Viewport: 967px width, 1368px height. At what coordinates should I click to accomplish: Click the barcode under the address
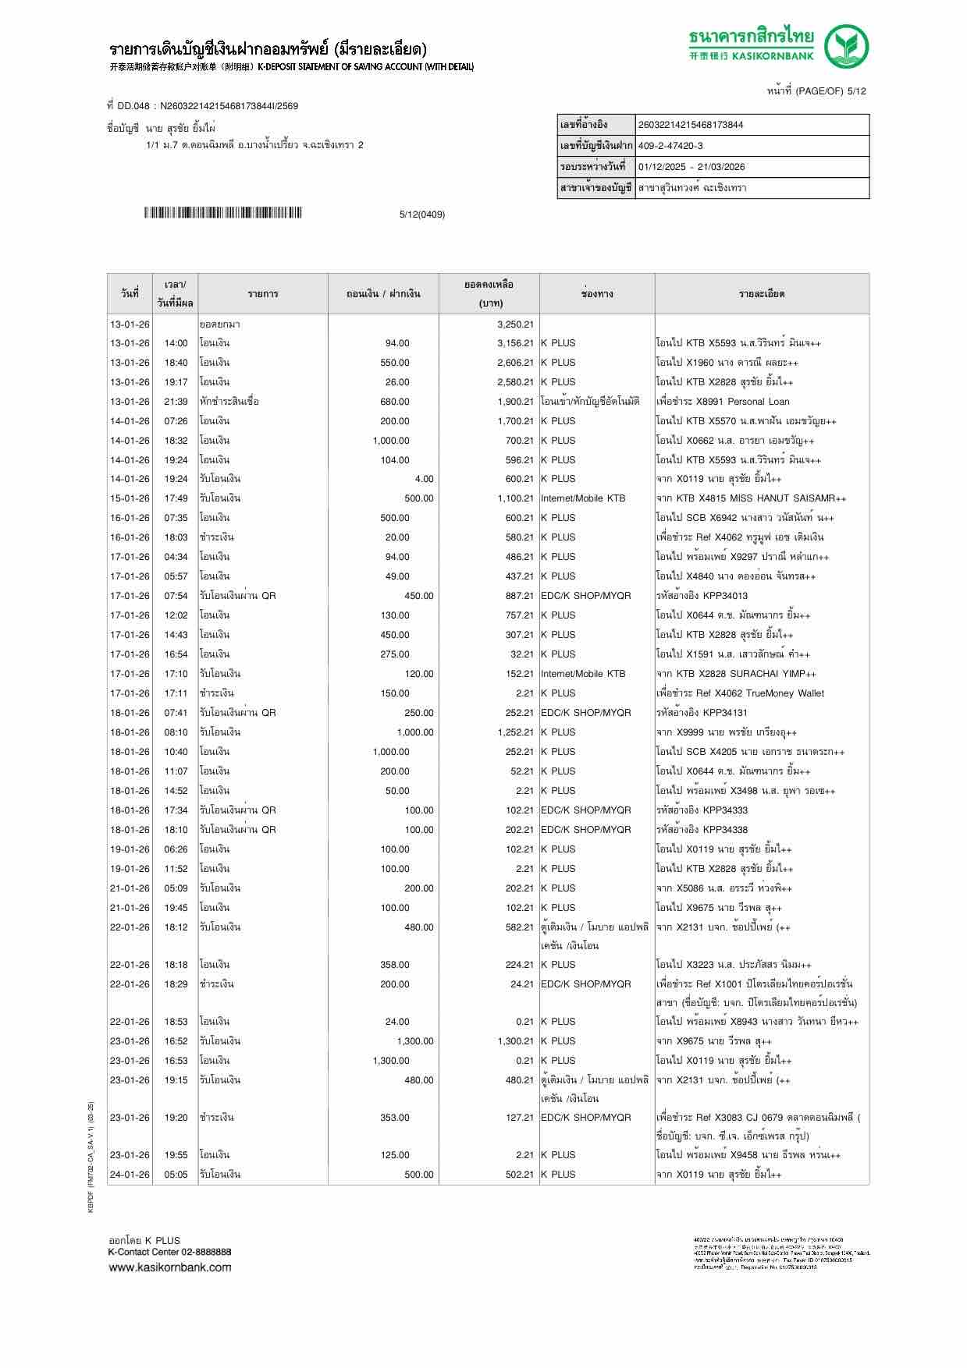click(x=222, y=213)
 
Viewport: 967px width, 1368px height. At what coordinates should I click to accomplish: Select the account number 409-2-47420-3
click(x=670, y=146)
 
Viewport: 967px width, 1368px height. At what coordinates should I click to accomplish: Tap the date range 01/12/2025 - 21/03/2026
click(x=691, y=167)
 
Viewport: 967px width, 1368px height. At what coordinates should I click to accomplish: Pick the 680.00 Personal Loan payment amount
click(x=394, y=402)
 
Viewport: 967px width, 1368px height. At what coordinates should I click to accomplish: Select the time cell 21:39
click(x=176, y=402)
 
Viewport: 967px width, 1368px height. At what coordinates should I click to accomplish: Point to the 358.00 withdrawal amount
click(x=394, y=965)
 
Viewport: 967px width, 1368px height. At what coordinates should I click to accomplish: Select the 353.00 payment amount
click(x=394, y=1118)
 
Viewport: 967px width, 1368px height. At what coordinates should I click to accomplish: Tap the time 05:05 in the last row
click(x=176, y=1175)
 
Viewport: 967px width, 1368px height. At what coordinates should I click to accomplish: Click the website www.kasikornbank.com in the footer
click(x=170, y=1267)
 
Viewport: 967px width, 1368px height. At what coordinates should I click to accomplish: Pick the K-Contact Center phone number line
click(x=169, y=1252)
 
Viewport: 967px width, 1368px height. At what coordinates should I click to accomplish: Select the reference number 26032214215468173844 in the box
click(x=691, y=125)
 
